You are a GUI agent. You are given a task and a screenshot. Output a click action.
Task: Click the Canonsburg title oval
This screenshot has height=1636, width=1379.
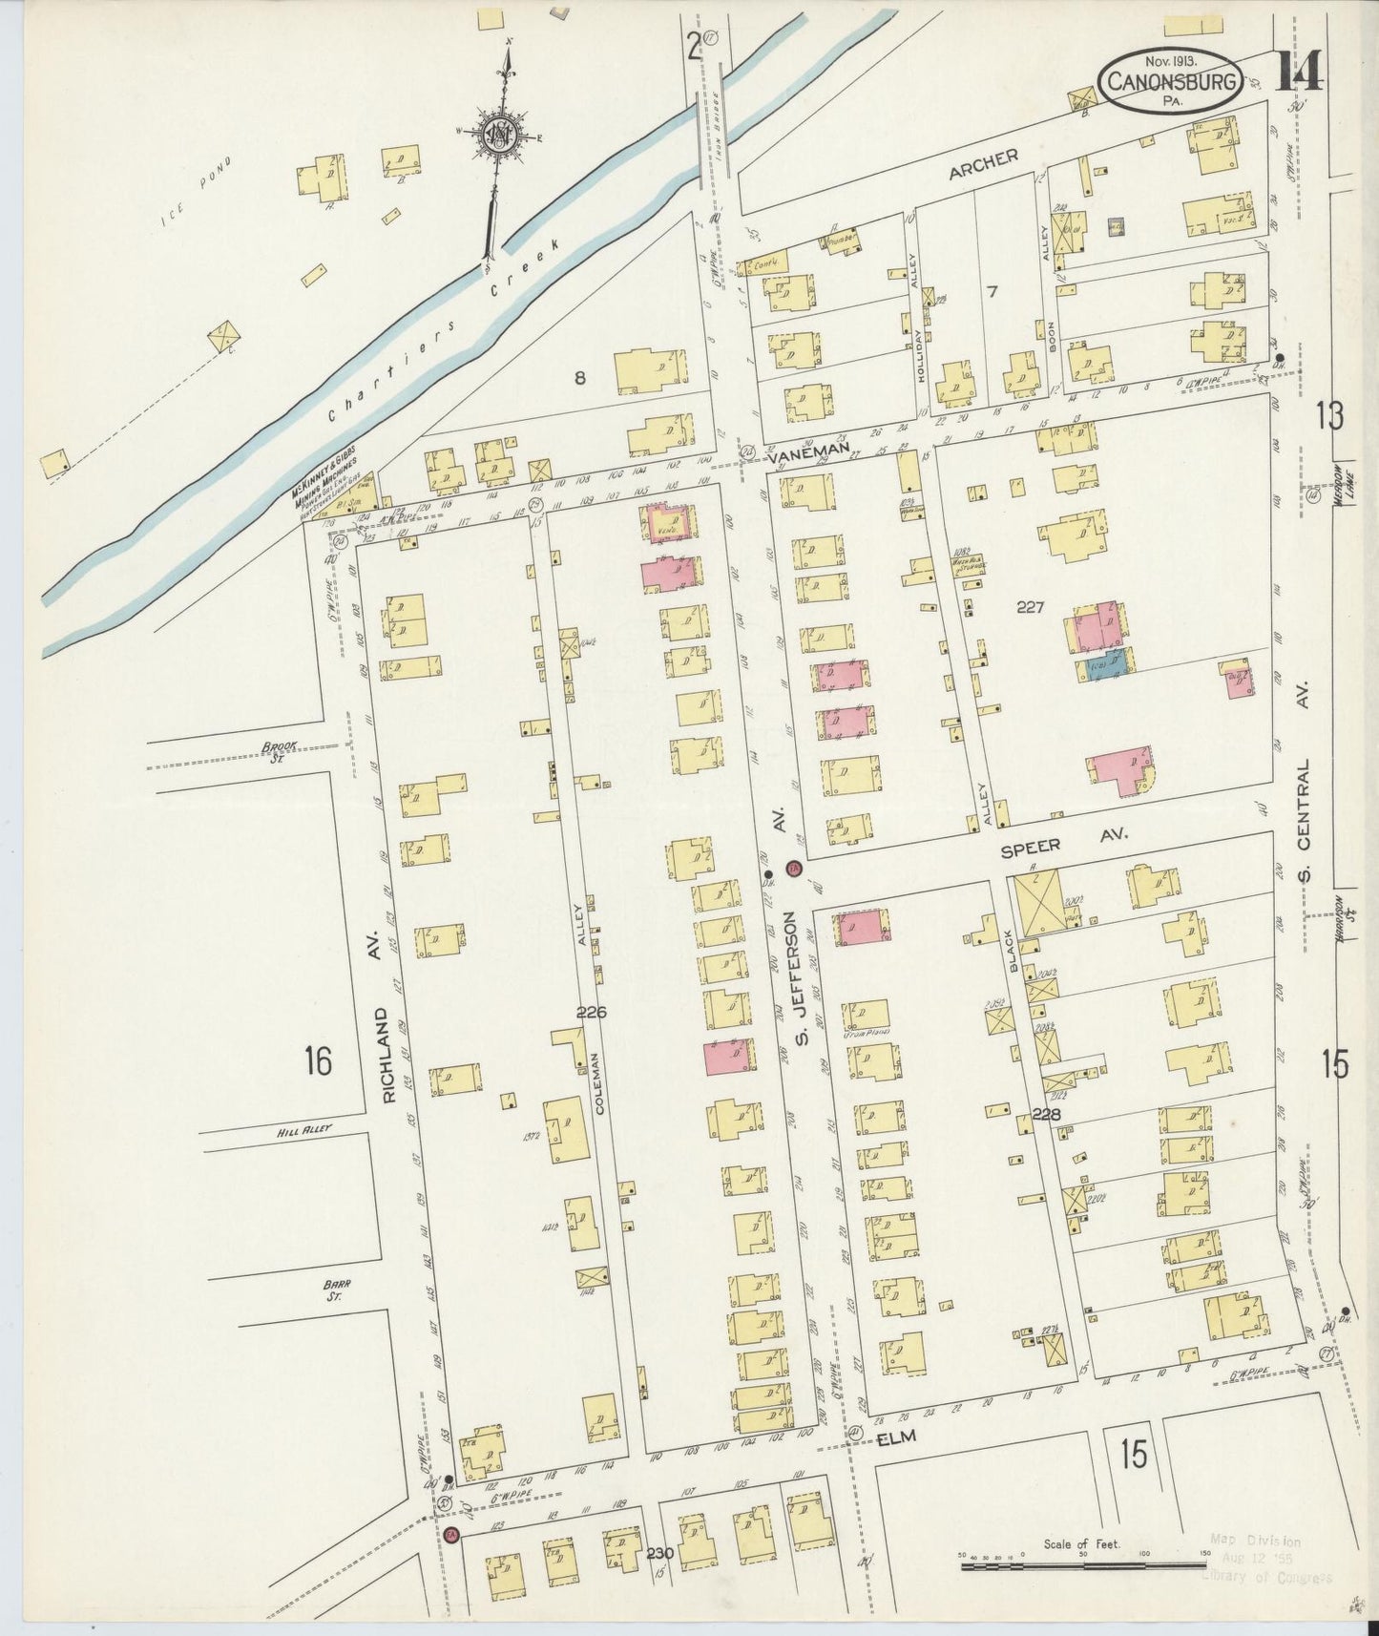point(1171,81)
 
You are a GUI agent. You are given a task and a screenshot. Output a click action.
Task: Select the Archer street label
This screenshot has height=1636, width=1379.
point(983,163)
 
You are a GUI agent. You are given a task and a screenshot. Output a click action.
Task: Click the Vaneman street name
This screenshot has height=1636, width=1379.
point(800,456)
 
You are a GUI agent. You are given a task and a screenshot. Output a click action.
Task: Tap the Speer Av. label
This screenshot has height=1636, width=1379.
point(1064,843)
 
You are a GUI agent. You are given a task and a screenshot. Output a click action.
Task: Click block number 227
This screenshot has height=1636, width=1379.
point(1030,606)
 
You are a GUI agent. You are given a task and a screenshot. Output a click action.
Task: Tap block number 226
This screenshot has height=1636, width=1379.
point(592,1012)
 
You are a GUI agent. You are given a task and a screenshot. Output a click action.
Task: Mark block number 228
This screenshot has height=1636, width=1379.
point(1048,1114)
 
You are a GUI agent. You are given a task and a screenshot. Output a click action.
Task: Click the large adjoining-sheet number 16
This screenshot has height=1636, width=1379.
point(318,1059)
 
